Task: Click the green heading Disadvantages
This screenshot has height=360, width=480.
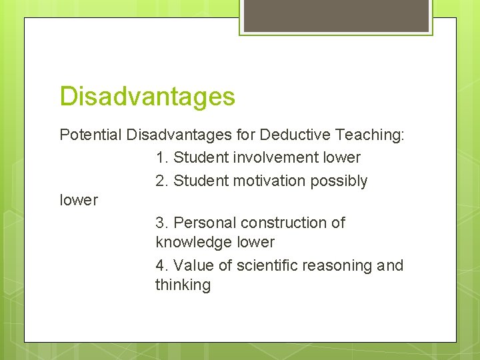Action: (147, 97)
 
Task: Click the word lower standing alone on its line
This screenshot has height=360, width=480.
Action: (79, 200)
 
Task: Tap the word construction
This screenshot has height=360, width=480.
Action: (283, 223)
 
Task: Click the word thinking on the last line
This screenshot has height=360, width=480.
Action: (183, 285)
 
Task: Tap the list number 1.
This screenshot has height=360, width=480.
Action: (161, 158)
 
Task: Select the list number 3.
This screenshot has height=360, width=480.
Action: (161, 223)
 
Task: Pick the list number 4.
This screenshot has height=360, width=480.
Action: (161, 265)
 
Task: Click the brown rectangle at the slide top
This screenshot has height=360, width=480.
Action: (336, 15)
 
